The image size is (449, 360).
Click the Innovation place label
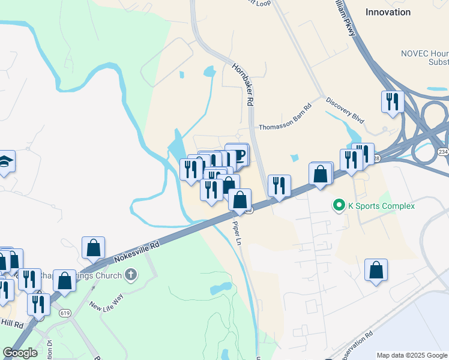click(x=388, y=11)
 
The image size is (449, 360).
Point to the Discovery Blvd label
click(x=345, y=110)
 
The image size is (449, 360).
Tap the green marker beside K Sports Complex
click(x=339, y=206)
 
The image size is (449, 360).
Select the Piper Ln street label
click(x=237, y=233)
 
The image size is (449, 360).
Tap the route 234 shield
click(x=443, y=152)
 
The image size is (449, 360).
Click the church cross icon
click(x=131, y=275)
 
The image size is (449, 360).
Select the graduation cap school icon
click(x=5, y=161)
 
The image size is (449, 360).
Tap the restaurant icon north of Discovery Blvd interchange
click(x=393, y=101)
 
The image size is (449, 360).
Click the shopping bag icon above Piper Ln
click(x=240, y=200)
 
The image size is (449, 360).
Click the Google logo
click(x=20, y=353)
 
